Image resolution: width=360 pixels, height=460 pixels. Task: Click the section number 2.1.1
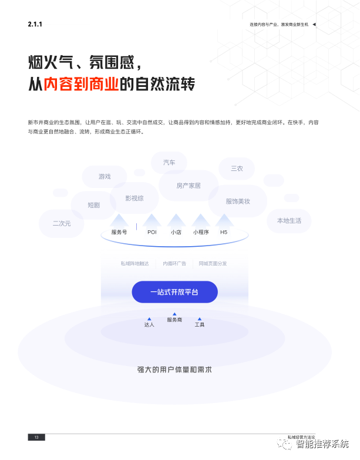coord(35,24)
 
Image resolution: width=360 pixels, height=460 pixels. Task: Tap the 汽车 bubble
coord(169,162)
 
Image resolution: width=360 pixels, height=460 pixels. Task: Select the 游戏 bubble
coord(105,176)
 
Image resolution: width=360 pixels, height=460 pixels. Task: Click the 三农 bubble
coord(237,168)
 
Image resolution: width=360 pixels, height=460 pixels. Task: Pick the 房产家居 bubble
coord(189,186)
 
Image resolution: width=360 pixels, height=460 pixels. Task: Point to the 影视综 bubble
coord(134,198)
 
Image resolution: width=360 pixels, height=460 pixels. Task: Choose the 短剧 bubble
coord(93,205)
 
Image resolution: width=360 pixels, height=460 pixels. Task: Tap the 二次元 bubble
coord(62,223)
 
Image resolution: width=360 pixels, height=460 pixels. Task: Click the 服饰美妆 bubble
coord(238,201)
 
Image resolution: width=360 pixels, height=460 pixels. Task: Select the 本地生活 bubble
coord(289,220)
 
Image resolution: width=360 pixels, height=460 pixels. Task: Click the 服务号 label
coord(119,232)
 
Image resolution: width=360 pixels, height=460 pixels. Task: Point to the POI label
coord(152,232)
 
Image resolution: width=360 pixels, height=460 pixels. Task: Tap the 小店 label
coord(176,232)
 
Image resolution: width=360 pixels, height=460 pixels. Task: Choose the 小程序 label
coord(201,232)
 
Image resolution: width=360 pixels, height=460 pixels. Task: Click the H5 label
coord(224,232)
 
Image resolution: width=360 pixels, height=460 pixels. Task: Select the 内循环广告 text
coord(174,264)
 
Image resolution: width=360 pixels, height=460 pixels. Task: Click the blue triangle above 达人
coord(149,319)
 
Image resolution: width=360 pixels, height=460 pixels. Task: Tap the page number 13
coord(36,437)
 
